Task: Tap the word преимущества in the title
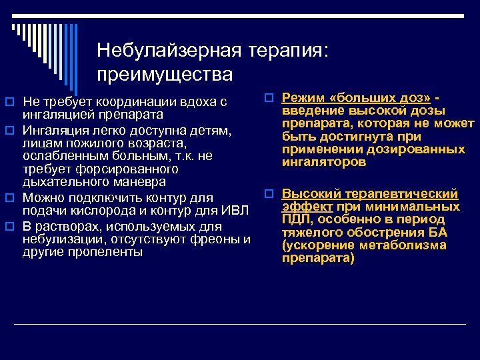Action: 164,74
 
